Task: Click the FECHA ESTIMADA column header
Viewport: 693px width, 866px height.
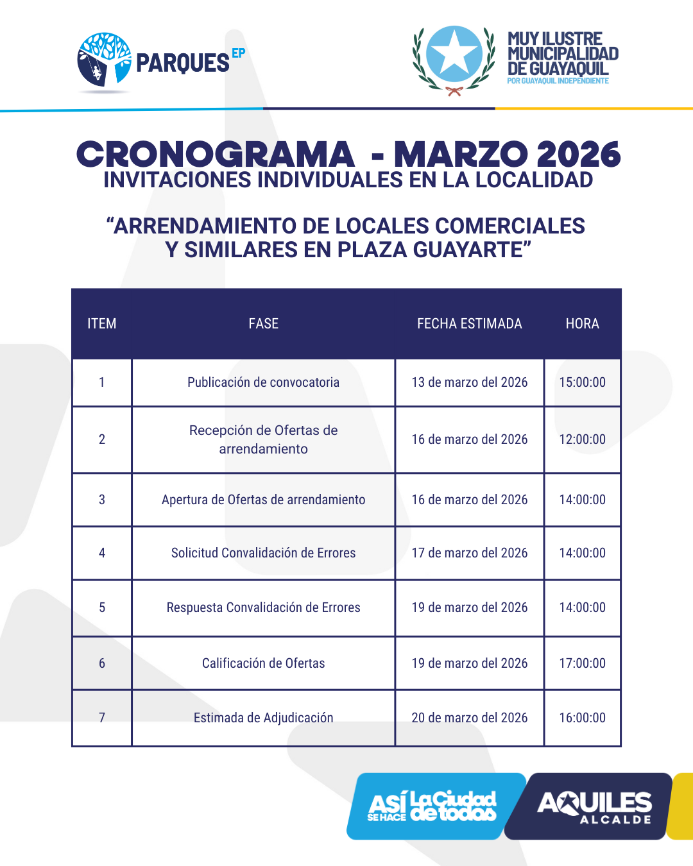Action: (x=469, y=324)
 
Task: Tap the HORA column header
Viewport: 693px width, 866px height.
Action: (x=582, y=324)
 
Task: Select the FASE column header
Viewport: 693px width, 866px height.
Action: (x=263, y=324)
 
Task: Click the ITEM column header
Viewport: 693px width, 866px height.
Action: (x=102, y=324)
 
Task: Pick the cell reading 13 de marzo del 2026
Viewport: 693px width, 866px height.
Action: (x=469, y=382)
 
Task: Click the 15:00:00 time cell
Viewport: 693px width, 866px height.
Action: (x=582, y=382)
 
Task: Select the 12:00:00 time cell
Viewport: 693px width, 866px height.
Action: (x=582, y=439)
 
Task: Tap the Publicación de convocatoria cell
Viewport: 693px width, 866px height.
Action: (x=263, y=382)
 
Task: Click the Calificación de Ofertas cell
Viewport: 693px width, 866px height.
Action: (x=263, y=663)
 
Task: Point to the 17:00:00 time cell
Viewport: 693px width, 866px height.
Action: (x=582, y=663)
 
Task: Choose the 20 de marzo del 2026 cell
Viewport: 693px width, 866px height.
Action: (x=469, y=718)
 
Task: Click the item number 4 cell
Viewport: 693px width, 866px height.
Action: (x=102, y=553)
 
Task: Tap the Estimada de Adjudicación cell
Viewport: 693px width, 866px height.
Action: (x=263, y=718)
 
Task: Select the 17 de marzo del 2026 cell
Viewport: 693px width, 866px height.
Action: (x=469, y=553)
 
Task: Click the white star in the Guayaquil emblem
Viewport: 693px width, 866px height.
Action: (x=454, y=54)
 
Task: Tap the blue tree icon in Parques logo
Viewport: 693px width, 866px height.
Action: (x=104, y=59)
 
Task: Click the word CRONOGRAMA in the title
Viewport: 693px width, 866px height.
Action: (x=215, y=155)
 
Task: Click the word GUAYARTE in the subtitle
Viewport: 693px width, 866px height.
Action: (x=472, y=250)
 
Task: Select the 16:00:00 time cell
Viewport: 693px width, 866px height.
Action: (x=582, y=718)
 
